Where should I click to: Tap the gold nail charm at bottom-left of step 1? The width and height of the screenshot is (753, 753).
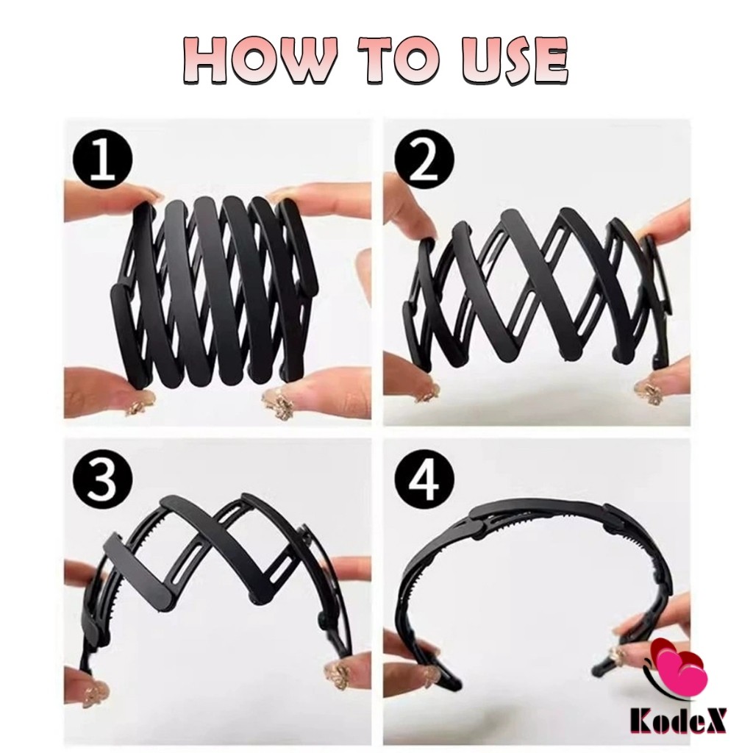click(139, 402)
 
